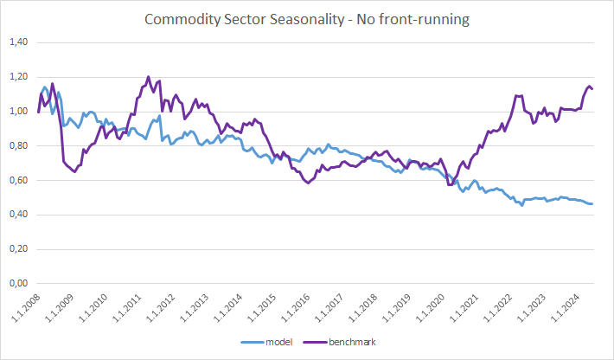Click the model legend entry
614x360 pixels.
pos(266,342)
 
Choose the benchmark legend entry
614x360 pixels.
pos(340,342)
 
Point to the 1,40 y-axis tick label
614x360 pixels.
pos(19,42)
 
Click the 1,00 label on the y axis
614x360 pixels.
pos(19,112)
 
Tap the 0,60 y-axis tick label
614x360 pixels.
pos(19,180)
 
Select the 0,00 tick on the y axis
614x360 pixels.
pos(19,283)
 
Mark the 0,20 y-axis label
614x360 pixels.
pos(19,248)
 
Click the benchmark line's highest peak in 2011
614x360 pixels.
pos(148,77)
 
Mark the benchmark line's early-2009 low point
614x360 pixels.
pos(74,171)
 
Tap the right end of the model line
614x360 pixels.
pos(592,203)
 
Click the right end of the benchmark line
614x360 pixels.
pos(592,89)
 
